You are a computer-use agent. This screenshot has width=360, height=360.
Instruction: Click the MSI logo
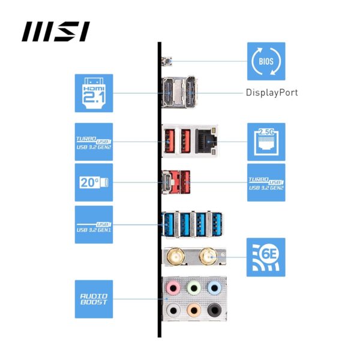coord(56,31)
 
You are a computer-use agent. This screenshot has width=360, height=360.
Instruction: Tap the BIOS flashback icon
coord(266,61)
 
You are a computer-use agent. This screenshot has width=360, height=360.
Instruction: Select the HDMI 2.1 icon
coord(94,93)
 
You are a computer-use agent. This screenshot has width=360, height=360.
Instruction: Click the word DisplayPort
coord(271,93)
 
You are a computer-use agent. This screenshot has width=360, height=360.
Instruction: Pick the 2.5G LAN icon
coord(266,142)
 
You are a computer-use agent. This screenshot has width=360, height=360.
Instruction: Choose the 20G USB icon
coord(94,182)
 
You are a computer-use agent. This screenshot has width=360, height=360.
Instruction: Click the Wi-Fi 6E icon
coord(266,257)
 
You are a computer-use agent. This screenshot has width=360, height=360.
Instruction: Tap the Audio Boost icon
coord(94,299)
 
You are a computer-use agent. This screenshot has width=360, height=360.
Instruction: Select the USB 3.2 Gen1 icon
coord(94,224)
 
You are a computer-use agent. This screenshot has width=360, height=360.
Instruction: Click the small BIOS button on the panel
coord(167,61)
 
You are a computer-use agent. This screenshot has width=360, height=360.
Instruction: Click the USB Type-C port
coord(169,181)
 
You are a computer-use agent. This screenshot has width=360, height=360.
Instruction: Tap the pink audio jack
coord(173,288)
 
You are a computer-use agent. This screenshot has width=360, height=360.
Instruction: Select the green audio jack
coord(193,288)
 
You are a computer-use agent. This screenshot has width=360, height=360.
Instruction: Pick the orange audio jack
coord(193,310)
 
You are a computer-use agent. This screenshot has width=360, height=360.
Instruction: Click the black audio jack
coord(213,310)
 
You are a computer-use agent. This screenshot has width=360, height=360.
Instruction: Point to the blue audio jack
coord(213,288)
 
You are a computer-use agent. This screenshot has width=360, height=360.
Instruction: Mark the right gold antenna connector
coord(208,257)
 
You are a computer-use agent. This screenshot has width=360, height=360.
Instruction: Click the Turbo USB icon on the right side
coord(266,182)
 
